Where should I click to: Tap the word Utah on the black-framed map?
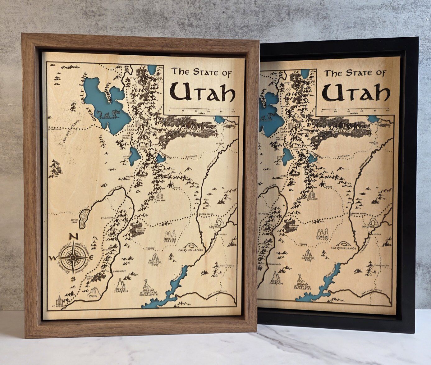[356, 92]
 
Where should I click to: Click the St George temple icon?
[59, 301]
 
